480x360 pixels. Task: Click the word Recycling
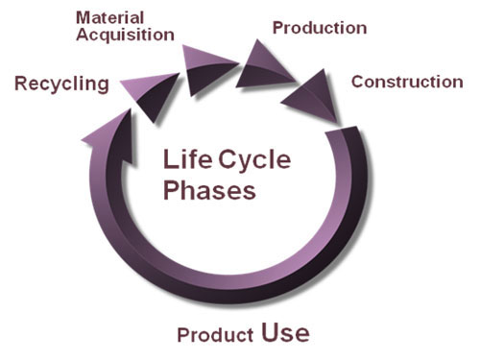pos(61,84)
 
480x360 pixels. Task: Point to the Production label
pos(319,27)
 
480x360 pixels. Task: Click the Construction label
pos(406,82)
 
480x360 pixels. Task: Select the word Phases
pos(209,190)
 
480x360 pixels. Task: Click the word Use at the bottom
pos(285,333)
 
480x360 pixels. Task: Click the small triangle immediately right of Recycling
pos(151,84)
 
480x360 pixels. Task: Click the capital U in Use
pos(270,333)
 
